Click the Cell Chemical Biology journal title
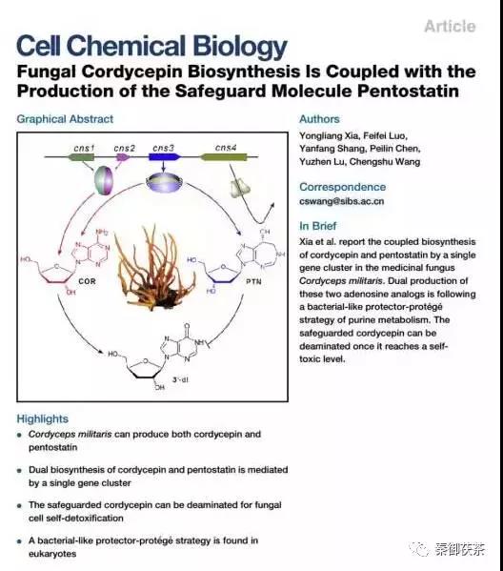point(151,47)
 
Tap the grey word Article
point(450,27)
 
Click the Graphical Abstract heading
point(65,119)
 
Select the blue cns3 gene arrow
point(165,157)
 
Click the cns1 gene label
point(84,148)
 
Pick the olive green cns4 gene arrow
point(224,157)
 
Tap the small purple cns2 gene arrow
point(122,157)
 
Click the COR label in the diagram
point(87,281)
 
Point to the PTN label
point(253,281)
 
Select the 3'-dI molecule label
point(180,379)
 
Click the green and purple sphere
point(104,180)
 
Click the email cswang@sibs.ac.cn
point(341,201)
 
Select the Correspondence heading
point(343,187)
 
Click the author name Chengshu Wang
point(385,162)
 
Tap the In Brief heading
point(318,226)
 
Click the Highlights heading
point(43,418)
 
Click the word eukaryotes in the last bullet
point(52,554)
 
